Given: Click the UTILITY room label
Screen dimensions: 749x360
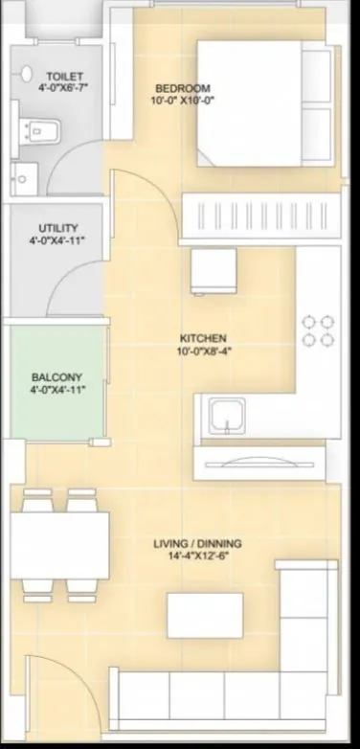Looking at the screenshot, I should (58, 228).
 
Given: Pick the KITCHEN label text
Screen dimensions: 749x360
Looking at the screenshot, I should (202, 338).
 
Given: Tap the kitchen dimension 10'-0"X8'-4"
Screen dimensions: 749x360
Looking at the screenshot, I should (202, 352).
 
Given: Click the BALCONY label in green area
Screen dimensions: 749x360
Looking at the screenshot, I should (57, 376).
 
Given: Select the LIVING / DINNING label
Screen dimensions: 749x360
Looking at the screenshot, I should (197, 544).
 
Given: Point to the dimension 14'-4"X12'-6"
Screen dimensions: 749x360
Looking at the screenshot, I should (197, 557).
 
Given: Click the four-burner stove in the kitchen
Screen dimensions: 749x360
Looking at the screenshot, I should (319, 329).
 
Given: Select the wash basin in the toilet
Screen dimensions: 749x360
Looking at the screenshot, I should (25, 175).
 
